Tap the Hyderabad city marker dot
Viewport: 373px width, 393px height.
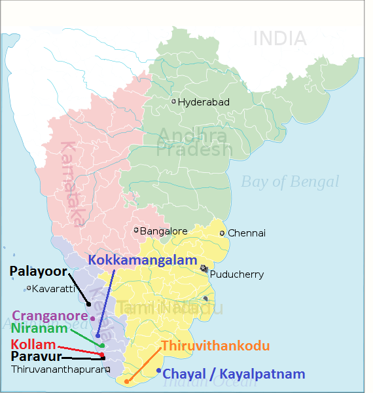[x=173, y=101]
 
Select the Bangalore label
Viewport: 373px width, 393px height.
[x=164, y=231]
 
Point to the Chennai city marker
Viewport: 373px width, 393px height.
[x=222, y=233]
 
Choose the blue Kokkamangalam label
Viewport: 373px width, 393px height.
[x=143, y=260]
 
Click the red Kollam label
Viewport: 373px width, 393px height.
[x=33, y=344]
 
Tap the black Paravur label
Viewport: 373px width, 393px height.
[x=36, y=357]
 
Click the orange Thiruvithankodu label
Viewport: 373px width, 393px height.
[x=215, y=345]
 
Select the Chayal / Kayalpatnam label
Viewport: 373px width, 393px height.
[x=234, y=374]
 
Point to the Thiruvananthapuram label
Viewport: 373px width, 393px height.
[x=58, y=369]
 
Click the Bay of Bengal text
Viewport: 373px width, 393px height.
[x=290, y=181]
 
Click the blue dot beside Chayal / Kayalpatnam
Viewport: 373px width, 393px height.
[x=158, y=371]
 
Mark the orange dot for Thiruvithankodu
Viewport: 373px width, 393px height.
[x=126, y=381]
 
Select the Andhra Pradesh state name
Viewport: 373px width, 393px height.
[x=194, y=143]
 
